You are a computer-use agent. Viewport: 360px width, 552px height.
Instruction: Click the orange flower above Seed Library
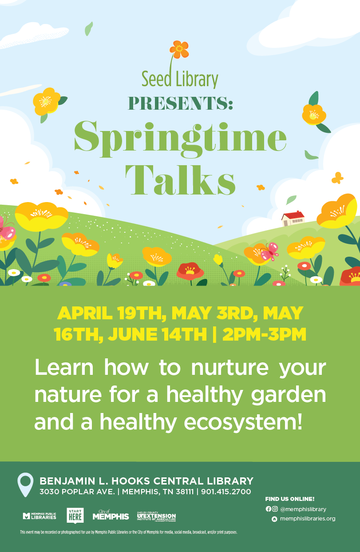pos(179,49)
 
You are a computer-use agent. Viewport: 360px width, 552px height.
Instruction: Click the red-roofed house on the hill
pos(293,218)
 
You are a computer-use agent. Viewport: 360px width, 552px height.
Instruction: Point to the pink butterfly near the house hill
pos(270,251)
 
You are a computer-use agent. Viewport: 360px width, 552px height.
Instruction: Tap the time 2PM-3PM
pos(264,334)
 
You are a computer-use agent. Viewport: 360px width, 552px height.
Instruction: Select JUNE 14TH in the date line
pos(157,334)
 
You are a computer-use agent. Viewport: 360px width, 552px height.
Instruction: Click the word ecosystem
pos(243,423)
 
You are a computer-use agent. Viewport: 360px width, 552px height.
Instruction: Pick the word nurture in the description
pos(229,368)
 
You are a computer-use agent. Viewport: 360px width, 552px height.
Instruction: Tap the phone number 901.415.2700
pos(226,492)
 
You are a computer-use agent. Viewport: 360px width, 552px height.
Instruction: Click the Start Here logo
pos(75,515)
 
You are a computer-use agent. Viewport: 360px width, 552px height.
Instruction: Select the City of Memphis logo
pos(111,515)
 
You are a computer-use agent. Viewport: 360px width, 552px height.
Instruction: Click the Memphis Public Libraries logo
pos(40,516)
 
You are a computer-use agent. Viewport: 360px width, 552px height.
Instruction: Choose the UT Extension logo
pos(156,516)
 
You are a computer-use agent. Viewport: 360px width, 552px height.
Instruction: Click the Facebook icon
pos(269,509)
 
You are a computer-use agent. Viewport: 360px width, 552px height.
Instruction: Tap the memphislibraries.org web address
pos(308,519)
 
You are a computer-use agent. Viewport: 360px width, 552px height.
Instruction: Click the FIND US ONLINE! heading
pos(290,499)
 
